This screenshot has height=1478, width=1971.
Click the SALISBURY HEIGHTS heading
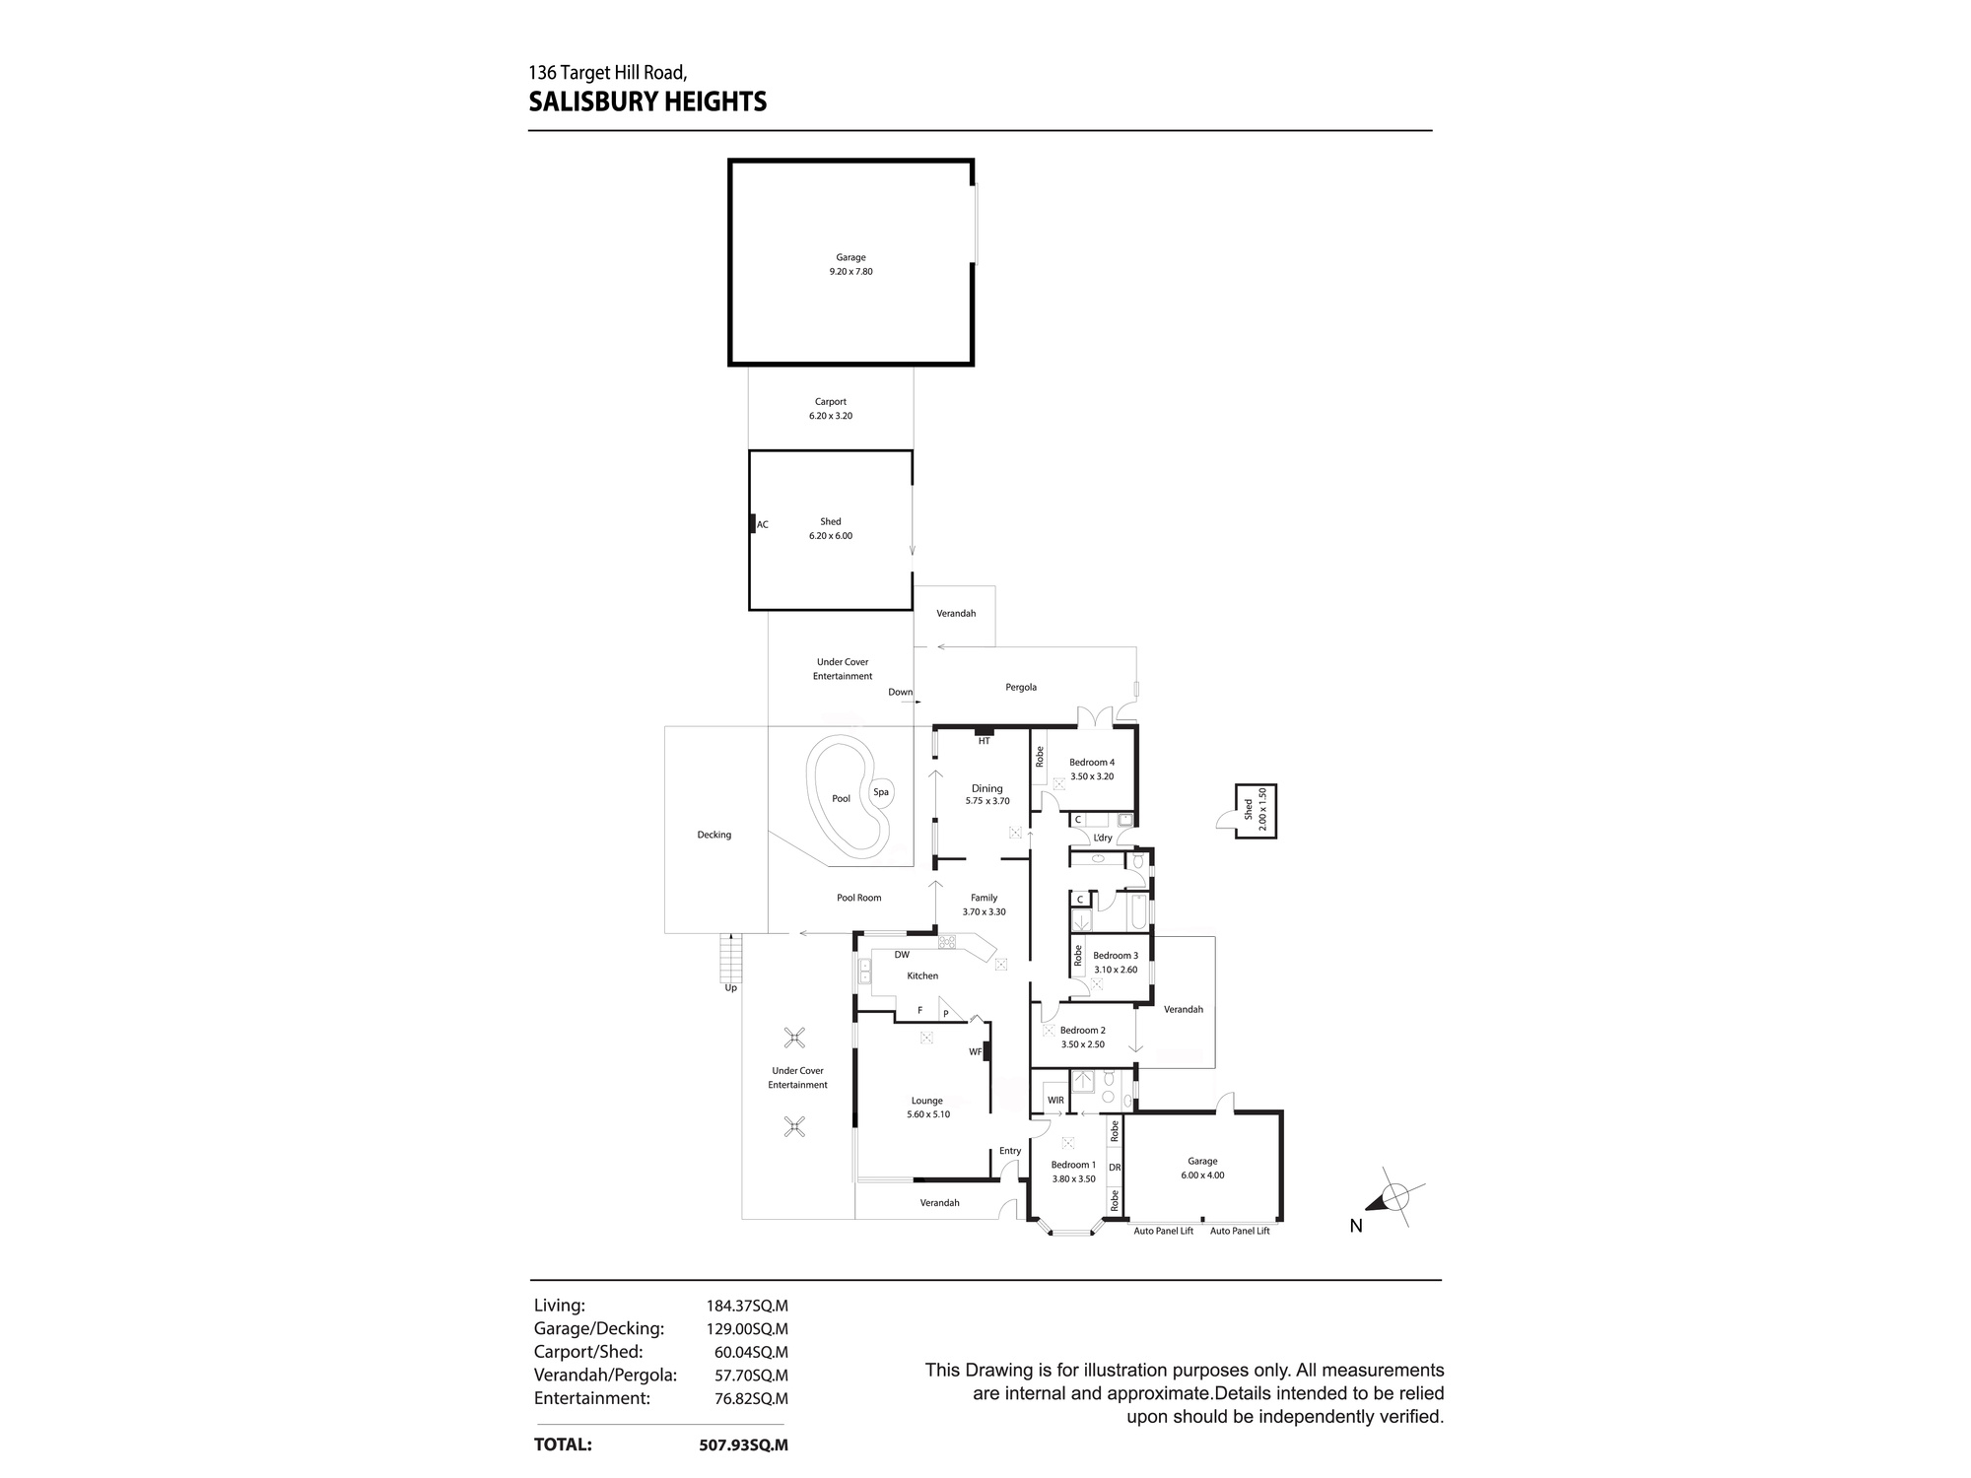[647, 102]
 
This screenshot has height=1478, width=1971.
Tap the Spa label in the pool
[880, 792]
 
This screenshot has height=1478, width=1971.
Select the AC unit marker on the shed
[752, 524]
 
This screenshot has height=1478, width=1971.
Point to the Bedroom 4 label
[1092, 763]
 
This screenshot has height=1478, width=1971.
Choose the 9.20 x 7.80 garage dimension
[850, 272]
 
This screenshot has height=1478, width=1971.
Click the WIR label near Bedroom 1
[1055, 1101]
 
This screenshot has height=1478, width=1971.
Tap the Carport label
[831, 402]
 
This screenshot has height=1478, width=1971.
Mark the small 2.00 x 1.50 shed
[1256, 811]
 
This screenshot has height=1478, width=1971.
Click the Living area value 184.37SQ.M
[746, 1307]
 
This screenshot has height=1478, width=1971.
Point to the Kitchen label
[922, 976]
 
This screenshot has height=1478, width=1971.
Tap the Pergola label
[1021, 688]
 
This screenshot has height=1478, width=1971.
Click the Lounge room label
[926, 1101]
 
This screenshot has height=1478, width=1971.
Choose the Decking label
[714, 836]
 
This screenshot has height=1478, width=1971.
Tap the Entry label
[1010, 1151]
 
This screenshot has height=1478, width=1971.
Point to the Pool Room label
[859, 898]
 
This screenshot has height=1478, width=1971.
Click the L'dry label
[1103, 839]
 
